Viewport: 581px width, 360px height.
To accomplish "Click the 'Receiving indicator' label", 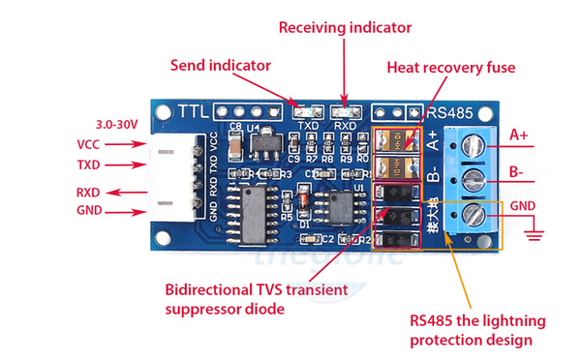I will coord(344,26).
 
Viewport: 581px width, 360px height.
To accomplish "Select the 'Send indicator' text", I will coord(221,67).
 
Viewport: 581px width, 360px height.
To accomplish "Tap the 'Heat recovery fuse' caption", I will coord(450,68).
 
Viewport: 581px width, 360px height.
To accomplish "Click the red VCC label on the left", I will coord(88,144).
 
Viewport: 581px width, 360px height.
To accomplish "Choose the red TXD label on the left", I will coord(88,165).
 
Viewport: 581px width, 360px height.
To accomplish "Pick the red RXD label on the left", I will coord(88,192).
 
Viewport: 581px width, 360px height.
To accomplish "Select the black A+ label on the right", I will coord(521,134).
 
